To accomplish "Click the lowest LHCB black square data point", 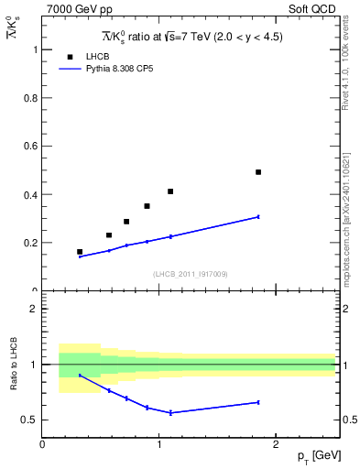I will point(80,251).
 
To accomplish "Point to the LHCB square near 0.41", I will point(170,191).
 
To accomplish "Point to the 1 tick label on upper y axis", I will point(35,49).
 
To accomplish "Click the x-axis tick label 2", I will point(277,444).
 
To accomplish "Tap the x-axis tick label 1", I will point(159,444).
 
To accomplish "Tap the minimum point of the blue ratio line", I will point(170,413).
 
